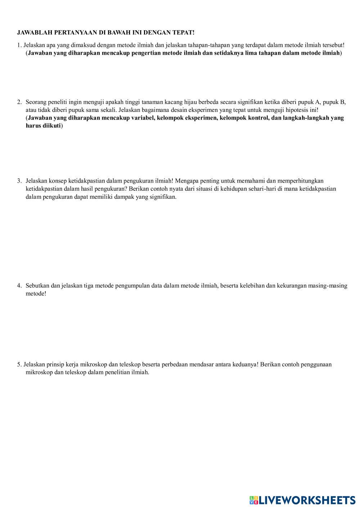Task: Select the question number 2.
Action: [x=19, y=102]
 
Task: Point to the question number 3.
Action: [x=19, y=181]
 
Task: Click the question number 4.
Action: [x=19, y=286]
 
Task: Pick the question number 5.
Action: [x=19, y=364]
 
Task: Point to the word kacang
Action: [x=174, y=102]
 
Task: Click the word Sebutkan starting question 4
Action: [x=37, y=286]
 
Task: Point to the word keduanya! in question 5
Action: [x=245, y=364]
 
